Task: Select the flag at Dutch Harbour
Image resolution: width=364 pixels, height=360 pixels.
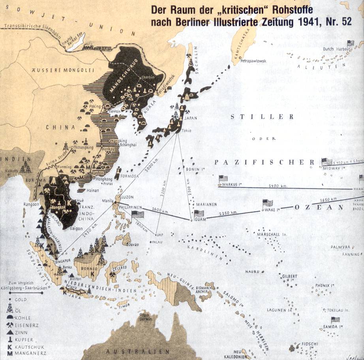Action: click(x=350, y=43)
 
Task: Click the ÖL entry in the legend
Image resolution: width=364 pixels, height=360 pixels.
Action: click(x=19, y=311)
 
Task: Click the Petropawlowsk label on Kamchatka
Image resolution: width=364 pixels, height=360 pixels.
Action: click(x=254, y=60)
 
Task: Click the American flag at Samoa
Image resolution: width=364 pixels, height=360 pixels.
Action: click(x=335, y=319)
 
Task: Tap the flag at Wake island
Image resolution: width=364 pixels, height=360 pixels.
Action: click(x=268, y=203)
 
